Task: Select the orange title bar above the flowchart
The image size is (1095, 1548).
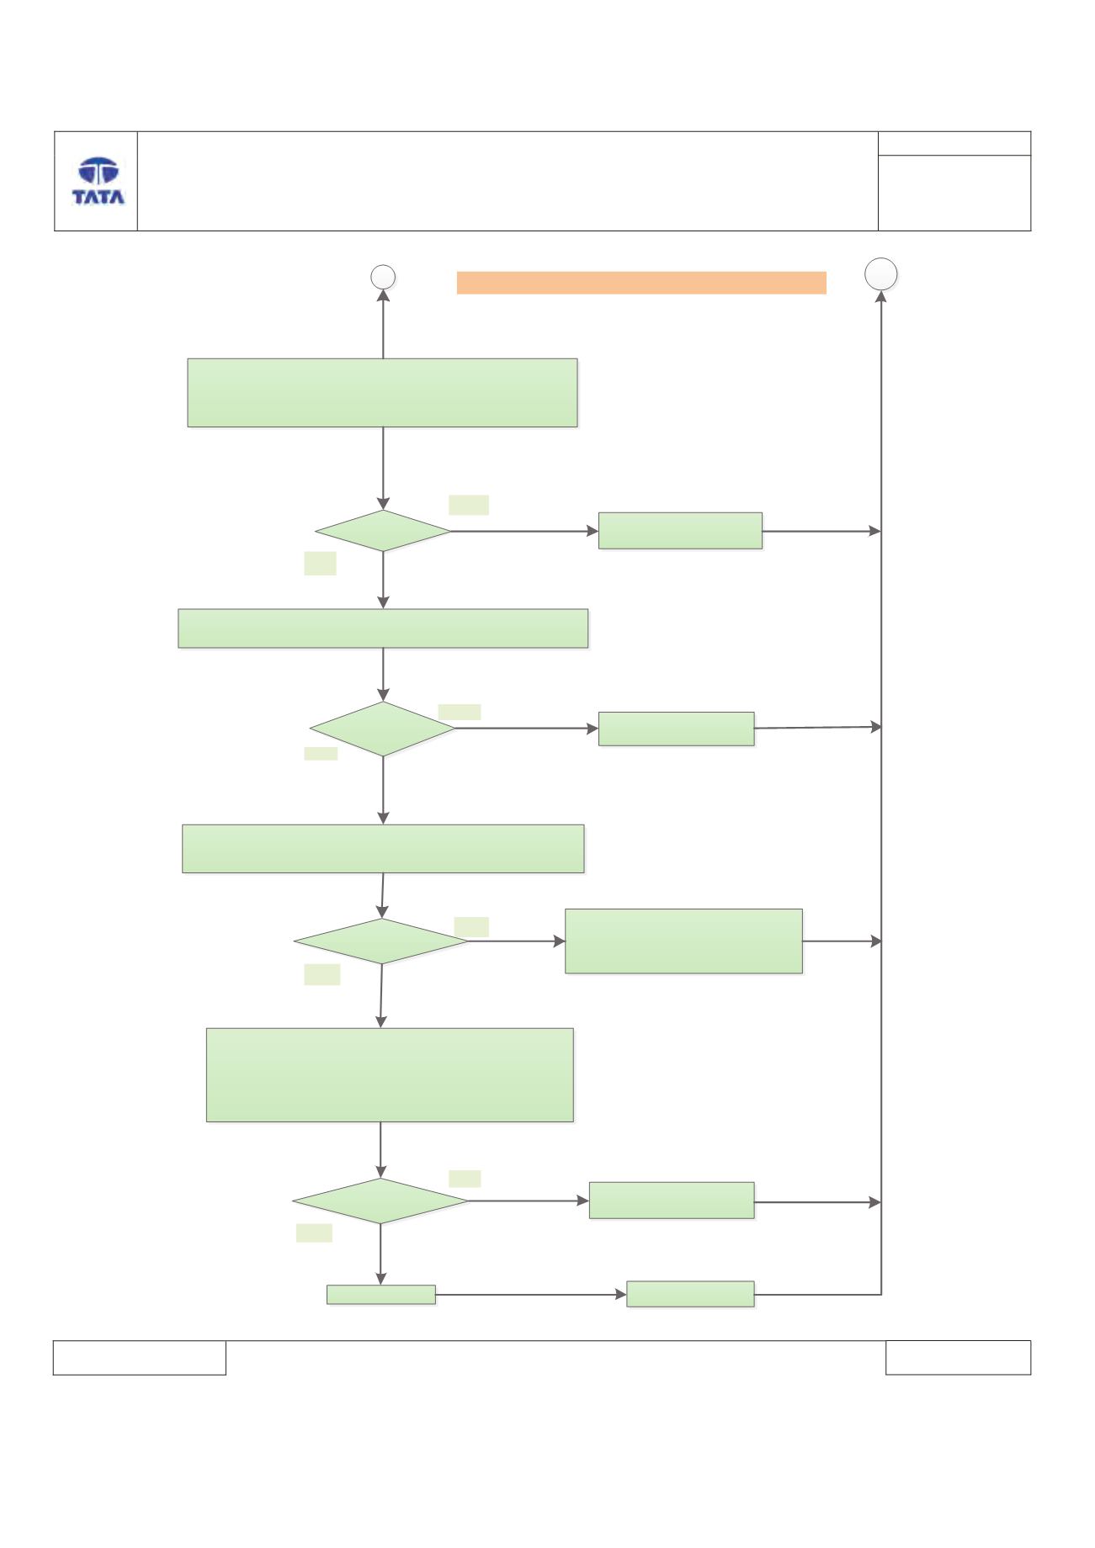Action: click(x=641, y=283)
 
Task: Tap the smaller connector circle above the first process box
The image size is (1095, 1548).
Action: click(x=384, y=277)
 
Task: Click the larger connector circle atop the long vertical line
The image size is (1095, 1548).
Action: click(x=881, y=273)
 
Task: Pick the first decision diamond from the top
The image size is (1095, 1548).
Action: click(x=383, y=531)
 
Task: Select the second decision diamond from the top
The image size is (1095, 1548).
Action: click(x=383, y=729)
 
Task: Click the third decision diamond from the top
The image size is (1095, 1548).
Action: click(x=381, y=941)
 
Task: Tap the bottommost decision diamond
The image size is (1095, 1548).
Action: click(x=380, y=1201)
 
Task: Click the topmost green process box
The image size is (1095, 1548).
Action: click(x=382, y=393)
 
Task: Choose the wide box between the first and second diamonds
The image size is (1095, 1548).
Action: click(x=383, y=628)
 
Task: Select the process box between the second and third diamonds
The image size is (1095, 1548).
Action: click(x=383, y=849)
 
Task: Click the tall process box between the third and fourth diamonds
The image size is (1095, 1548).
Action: click(x=390, y=1075)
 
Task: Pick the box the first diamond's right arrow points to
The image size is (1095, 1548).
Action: click(x=680, y=531)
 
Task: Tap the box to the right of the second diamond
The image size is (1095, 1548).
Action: click(x=676, y=729)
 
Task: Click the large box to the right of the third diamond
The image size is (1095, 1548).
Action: click(x=683, y=941)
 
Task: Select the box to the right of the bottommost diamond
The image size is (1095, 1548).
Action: click(x=671, y=1201)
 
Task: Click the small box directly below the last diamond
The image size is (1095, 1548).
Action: click(x=380, y=1295)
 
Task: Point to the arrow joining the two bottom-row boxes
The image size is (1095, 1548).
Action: click(x=531, y=1295)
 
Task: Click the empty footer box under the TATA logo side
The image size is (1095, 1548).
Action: click(x=140, y=1358)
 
